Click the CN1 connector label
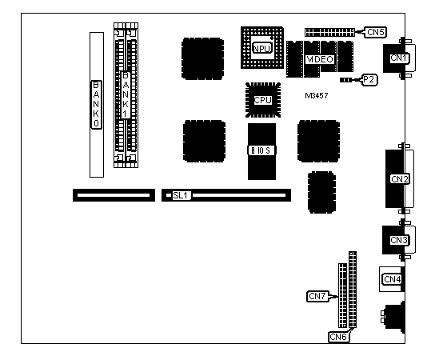pyautogui.click(x=399, y=58)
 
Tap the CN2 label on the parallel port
pyautogui.click(x=400, y=179)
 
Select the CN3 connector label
pyautogui.click(x=399, y=240)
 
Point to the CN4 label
pyautogui.click(x=393, y=279)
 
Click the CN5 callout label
pyautogui.click(x=376, y=32)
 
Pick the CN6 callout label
pyautogui.click(x=338, y=337)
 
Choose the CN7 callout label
pyautogui.click(x=317, y=296)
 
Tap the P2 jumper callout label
pyautogui.click(x=369, y=80)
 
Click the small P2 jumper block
pyautogui.click(x=345, y=80)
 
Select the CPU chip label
pyautogui.click(x=263, y=100)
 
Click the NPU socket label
pyautogui.click(x=262, y=48)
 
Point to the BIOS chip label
pyautogui.click(x=261, y=150)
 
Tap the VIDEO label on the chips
pyautogui.click(x=320, y=59)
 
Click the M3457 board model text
pyautogui.click(x=317, y=96)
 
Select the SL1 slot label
pyautogui.click(x=181, y=195)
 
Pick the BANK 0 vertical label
pyautogui.click(x=96, y=105)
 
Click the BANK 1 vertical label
pyautogui.click(x=126, y=94)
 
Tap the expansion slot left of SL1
pyautogui.click(x=114, y=195)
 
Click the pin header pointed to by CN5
pyautogui.click(x=329, y=32)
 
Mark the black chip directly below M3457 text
pyautogui.click(x=319, y=141)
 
